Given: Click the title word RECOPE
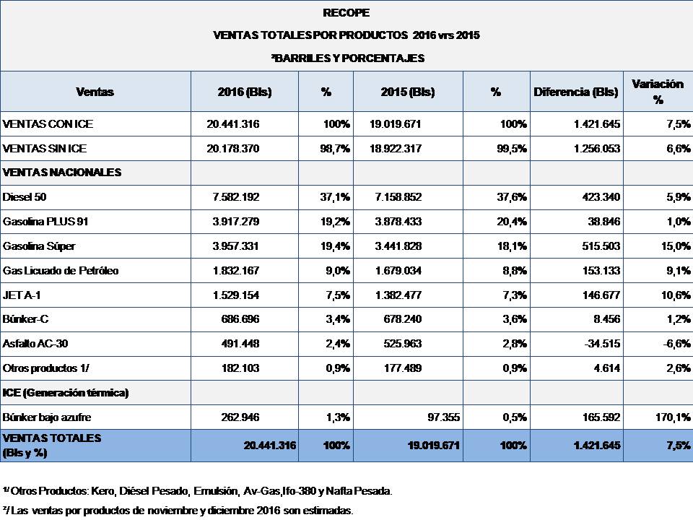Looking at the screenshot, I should (x=346, y=12).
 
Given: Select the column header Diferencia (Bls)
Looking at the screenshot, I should (x=576, y=92).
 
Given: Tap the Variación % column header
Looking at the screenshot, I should (x=658, y=92).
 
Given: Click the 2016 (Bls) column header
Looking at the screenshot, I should (x=244, y=92).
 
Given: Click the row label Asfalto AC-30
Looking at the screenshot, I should (x=36, y=344).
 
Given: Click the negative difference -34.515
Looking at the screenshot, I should (x=596, y=344).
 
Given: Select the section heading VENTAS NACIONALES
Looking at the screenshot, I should (x=52, y=173).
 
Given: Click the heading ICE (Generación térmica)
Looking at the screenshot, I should (x=66, y=394).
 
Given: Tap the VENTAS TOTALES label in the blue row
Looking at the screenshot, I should (x=52, y=438).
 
